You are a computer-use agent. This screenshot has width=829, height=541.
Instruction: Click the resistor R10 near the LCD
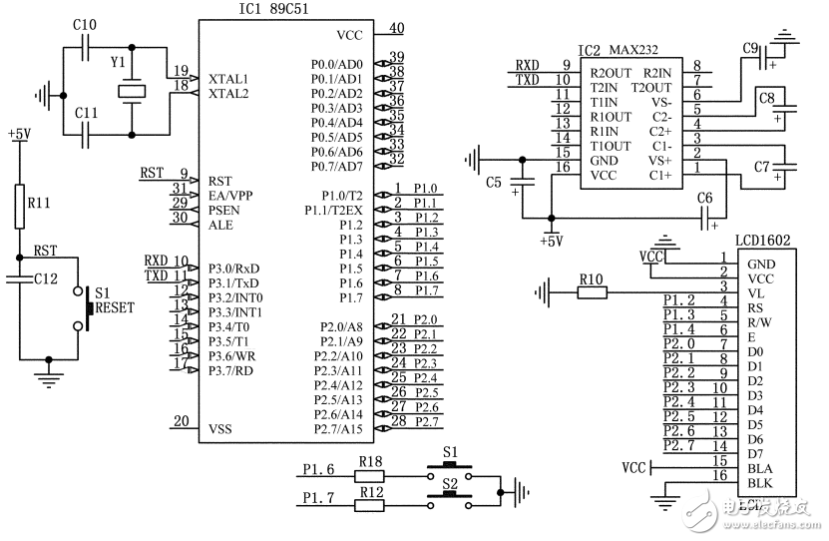point(592,293)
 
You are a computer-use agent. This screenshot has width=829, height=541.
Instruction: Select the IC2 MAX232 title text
point(622,49)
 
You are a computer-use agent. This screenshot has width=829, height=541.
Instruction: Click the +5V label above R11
point(18,133)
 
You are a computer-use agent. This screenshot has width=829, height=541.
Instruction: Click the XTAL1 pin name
point(229,78)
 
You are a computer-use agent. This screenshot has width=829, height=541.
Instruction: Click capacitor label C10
point(85,24)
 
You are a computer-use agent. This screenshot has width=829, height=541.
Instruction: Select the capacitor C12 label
point(45,278)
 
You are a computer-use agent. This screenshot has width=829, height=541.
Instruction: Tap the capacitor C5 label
point(493,183)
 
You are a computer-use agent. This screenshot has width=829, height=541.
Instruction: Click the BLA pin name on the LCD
point(759,468)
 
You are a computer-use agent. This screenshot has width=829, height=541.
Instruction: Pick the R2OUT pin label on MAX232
point(611,72)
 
